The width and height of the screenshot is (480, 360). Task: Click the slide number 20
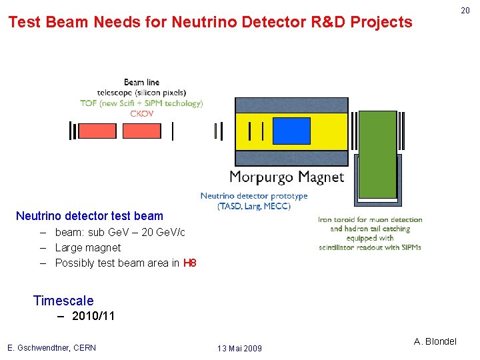[x=465, y=11]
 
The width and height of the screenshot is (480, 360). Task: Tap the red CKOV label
[x=141, y=113]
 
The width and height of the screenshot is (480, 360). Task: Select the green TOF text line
[x=141, y=103]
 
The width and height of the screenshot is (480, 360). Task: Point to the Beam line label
[x=141, y=83]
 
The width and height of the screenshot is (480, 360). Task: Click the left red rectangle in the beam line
[x=97, y=131]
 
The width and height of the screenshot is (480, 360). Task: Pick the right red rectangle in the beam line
[x=141, y=131]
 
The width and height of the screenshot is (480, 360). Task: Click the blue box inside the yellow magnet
[x=292, y=131]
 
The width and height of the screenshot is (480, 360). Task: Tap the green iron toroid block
[x=378, y=155]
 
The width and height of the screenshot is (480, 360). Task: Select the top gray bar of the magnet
[x=291, y=105]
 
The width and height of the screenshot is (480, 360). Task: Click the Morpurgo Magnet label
[x=287, y=177]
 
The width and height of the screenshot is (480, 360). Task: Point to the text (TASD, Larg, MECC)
[x=254, y=206]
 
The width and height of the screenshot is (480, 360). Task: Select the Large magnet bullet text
[x=88, y=247]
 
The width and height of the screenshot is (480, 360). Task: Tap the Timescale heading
[x=63, y=301]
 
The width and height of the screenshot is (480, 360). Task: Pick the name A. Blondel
[x=435, y=341]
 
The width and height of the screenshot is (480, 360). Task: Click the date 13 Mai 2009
[x=239, y=348]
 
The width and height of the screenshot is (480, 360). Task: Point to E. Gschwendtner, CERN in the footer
[x=51, y=347]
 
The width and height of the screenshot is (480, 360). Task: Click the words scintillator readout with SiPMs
[x=370, y=247]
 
